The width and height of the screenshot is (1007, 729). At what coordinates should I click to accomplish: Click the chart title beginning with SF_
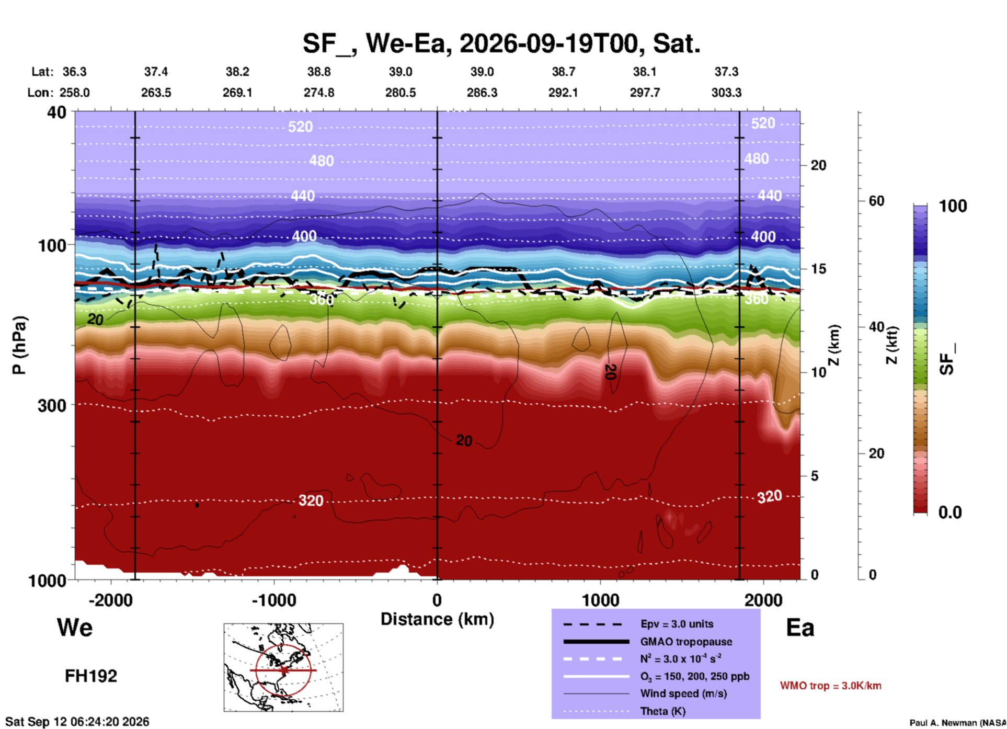coord(501,43)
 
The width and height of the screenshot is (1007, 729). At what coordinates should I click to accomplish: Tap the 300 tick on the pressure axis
coord(52,405)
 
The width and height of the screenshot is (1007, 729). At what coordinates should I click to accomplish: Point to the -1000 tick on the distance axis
coord(274,600)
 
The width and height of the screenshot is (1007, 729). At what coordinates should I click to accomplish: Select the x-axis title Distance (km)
coord(437,619)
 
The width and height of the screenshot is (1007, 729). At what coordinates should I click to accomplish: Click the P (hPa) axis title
coord(19,345)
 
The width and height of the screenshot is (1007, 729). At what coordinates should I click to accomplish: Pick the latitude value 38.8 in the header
coord(319,72)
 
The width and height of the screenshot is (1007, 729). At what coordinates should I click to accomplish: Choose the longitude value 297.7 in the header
coord(645,93)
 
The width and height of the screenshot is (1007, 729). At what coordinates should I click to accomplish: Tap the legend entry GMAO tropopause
coord(686,642)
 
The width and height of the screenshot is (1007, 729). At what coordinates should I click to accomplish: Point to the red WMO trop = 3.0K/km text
coord(830,686)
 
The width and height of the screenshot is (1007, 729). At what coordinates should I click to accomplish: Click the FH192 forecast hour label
coord(91,676)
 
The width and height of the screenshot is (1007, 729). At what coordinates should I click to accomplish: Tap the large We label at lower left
coord(75,627)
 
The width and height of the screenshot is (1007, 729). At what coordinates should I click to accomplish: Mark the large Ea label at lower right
coord(800,628)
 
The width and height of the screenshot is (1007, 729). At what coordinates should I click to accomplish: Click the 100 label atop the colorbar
coord(953,206)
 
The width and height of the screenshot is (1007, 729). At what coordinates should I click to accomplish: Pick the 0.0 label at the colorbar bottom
coord(950,512)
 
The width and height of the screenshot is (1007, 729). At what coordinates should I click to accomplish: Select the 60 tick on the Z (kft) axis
coord(876,201)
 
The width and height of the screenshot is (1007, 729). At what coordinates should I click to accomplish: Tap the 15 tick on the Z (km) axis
coord(818,269)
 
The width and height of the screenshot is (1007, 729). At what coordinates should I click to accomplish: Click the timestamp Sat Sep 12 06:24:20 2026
coord(77,722)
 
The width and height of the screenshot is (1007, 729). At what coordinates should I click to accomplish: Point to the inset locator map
coord(283,667)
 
